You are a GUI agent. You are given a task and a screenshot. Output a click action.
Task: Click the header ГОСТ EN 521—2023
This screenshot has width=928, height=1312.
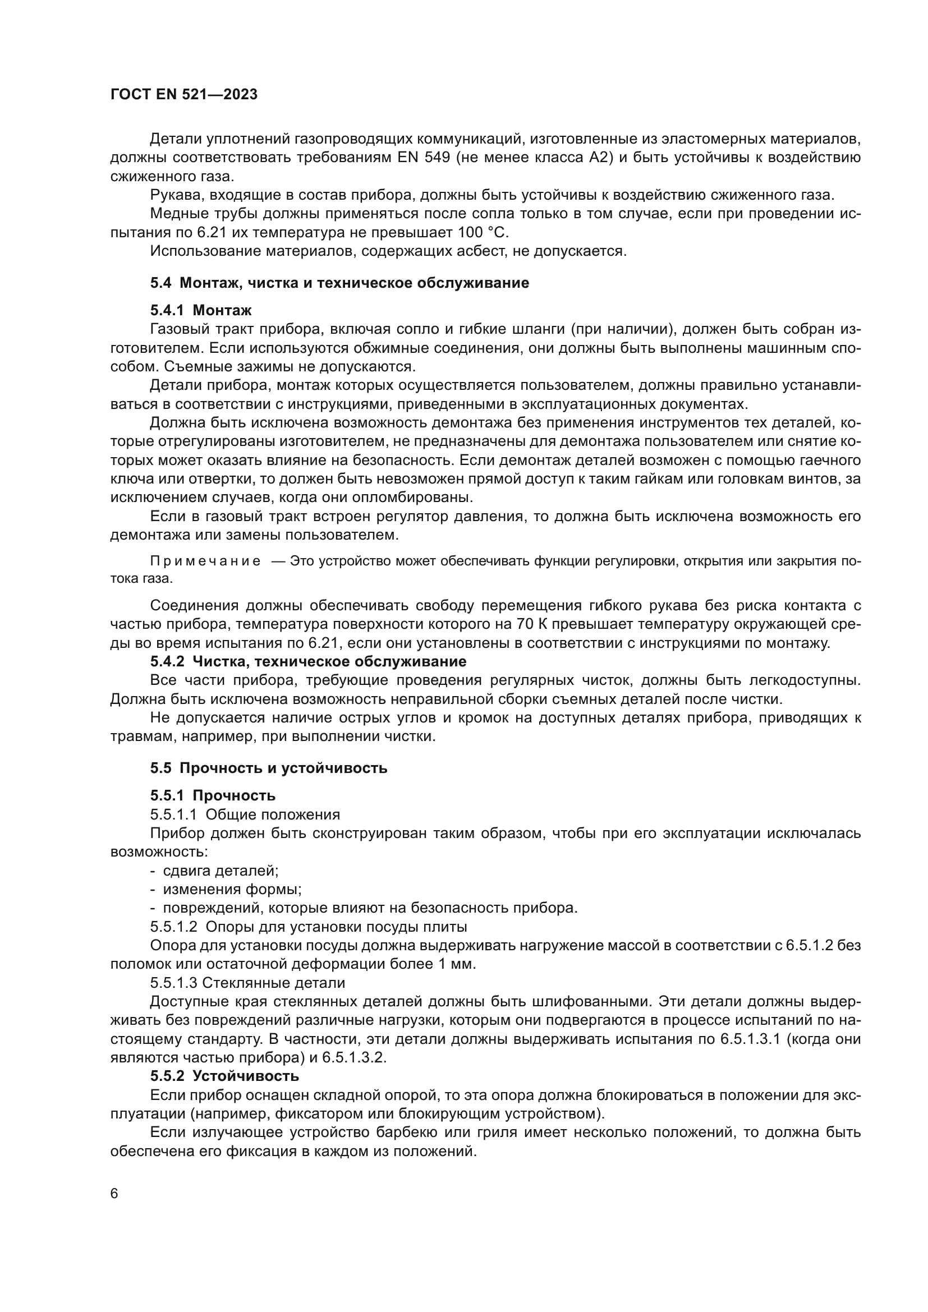click(x=183, y=95)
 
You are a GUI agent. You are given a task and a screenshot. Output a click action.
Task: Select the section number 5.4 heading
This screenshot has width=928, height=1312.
click(x=160, y=283)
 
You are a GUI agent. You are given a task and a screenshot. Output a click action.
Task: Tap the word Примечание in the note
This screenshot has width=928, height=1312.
click(x=205, y=561)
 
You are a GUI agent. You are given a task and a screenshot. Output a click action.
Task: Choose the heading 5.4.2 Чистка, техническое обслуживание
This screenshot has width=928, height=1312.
click(x=308, y=661)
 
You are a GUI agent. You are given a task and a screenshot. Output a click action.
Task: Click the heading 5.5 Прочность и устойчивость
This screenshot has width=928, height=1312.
click(x=269, y=768)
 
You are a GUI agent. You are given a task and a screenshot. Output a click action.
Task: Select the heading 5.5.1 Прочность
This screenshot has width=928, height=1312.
click(x=213, y=795)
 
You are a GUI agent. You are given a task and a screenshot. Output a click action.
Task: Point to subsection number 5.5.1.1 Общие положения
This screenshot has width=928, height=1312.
click(x=245, y=814)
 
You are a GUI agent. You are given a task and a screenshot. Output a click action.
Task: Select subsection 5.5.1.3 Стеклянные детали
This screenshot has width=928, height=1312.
click(x=247, y=983)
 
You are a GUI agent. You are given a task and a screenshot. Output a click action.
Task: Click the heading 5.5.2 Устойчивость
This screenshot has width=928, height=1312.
click(x=224, y=1076)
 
